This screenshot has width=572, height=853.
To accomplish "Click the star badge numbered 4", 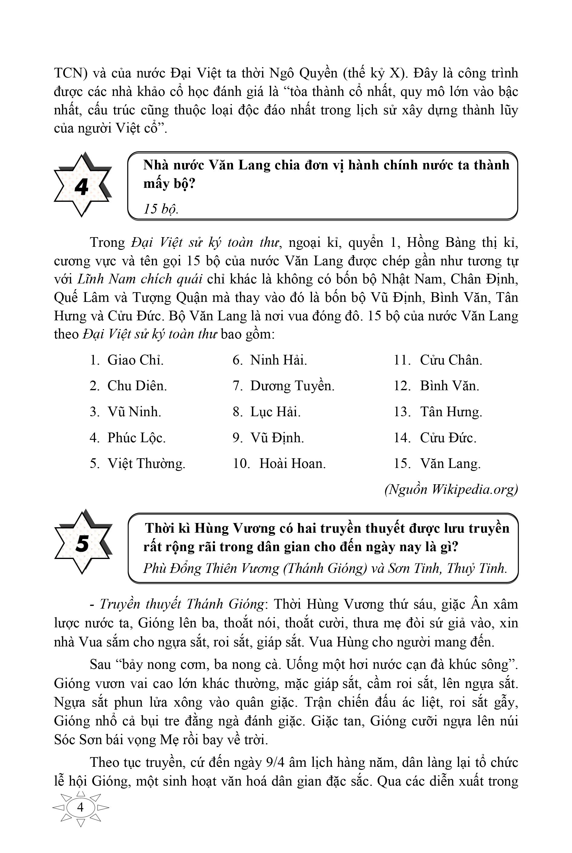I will [x=82, y=185].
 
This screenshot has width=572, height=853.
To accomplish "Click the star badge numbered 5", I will [x=82, y=543].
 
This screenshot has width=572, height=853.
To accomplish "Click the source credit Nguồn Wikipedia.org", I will [x=451, y=489].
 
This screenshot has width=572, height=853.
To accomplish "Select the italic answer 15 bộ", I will [x=160, y=209].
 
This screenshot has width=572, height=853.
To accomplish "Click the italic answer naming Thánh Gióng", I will [x=325, y=568].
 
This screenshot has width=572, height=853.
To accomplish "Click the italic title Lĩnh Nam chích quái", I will [x=140, y=279].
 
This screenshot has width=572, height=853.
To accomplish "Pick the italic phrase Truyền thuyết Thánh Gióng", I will [x=182, y=604].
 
